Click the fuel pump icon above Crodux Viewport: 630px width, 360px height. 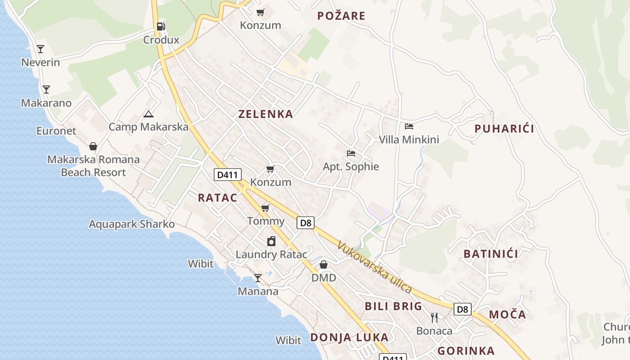[x=161, y=27]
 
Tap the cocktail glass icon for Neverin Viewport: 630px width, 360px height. [x=40, y=49]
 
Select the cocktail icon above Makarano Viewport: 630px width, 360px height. [x=46, y=90]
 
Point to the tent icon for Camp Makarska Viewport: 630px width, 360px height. [x=148, y=114]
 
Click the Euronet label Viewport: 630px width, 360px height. [x=56, y=131]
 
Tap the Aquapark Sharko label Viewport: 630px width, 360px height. [x=131, y=224]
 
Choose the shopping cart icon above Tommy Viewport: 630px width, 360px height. [x=265, y=208]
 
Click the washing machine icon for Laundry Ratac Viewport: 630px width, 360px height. [x=271, y=242]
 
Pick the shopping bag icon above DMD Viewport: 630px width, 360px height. [x=323, y=265]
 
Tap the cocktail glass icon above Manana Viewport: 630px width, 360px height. [x=257, y=278]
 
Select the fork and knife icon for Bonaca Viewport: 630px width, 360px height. [x=434, y=318]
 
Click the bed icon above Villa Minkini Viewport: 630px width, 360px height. [x=409, y=126]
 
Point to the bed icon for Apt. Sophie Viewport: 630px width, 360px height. [x=351, y=153]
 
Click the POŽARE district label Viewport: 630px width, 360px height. [x=341, y=16]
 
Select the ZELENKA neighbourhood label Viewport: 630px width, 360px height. [x=265, y=114]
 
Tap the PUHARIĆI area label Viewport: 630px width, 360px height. [x=504, y=129]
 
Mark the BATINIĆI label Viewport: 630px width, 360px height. [x=490, y=254]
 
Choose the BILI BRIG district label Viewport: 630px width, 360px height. [x=393, y=306]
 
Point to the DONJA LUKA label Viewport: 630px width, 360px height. [x=349, y=337]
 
